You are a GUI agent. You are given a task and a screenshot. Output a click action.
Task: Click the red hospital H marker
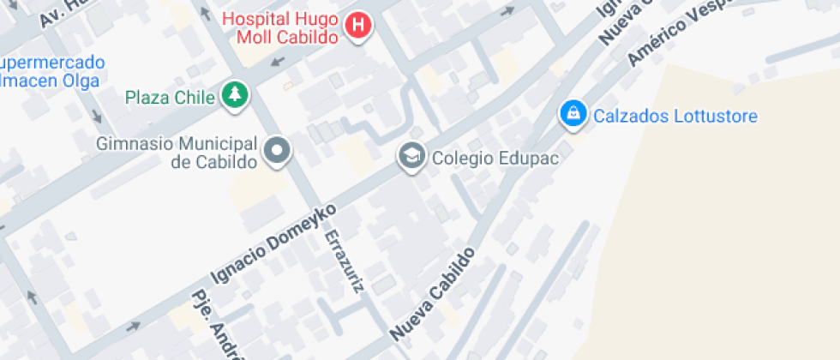358,26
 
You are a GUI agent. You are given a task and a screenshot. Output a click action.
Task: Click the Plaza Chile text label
169,97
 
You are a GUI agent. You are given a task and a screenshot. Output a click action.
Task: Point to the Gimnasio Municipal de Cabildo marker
277,152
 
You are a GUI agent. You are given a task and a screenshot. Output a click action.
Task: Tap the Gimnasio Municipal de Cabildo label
177,152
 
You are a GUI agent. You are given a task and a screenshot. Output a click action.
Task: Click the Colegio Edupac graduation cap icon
412,157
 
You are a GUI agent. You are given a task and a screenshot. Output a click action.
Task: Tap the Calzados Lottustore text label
675,116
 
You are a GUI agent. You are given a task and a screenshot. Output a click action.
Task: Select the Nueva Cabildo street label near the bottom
433,292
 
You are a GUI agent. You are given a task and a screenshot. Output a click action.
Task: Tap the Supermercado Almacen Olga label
51,72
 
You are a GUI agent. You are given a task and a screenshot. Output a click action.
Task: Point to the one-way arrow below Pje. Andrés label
133,327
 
